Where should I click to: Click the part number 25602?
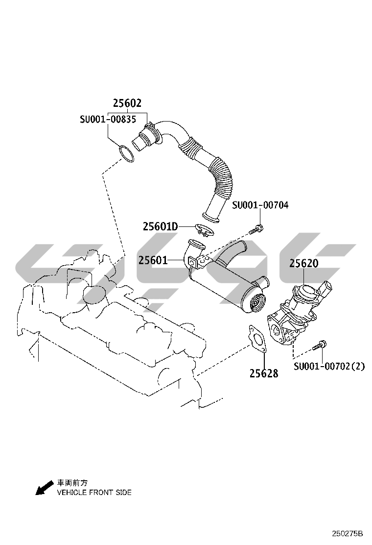point(127,103)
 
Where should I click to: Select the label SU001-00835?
point(108,119)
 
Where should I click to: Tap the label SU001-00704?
point(260,205)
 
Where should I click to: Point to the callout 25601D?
point(161,226)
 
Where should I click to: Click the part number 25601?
point(153,260)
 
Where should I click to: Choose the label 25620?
point(304,263)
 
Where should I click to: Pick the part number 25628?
point(264,373)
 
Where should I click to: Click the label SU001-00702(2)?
point(329,366)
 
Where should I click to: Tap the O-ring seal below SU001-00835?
point(126,154)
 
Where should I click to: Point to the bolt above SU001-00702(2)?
point(319,346)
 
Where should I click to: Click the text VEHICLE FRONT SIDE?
point(94,492)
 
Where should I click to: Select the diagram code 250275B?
point(347,533)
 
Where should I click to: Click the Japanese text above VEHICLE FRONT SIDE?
point(72,483)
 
